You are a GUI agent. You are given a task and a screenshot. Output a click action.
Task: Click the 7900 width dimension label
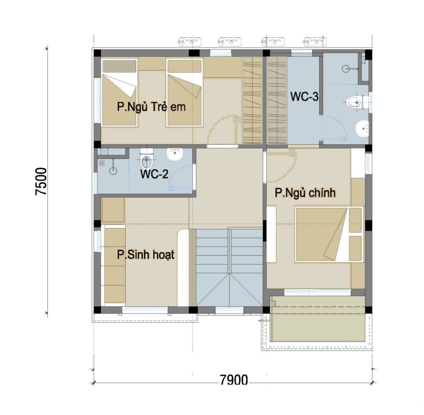tap(234, 380)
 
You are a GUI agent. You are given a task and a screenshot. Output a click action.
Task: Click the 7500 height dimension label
tap(41, 181)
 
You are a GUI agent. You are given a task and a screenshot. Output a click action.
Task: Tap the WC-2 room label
tap(154, 174)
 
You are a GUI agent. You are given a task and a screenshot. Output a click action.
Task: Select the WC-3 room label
tap(304, 97)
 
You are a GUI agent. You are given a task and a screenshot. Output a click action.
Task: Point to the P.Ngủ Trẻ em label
tap(151, 106)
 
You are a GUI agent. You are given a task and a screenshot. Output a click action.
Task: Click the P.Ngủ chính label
tap(305, 193)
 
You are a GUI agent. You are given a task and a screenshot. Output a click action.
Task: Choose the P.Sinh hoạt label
tap(145, 255)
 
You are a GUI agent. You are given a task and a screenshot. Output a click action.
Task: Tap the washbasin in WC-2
tap(175, 154)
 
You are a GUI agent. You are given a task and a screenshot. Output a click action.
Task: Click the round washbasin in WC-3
tap(362, 129)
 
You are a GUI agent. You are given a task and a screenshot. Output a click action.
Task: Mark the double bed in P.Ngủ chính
tap(329, 234)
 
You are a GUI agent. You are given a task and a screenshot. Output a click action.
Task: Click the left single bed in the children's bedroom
tap(119, 92)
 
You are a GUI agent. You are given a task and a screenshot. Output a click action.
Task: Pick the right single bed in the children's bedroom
tap(185, 92)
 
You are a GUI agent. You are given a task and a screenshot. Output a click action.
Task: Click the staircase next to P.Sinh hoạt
tap(229, 268)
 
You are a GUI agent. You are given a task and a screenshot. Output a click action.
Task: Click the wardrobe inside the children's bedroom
tap(253, 100)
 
